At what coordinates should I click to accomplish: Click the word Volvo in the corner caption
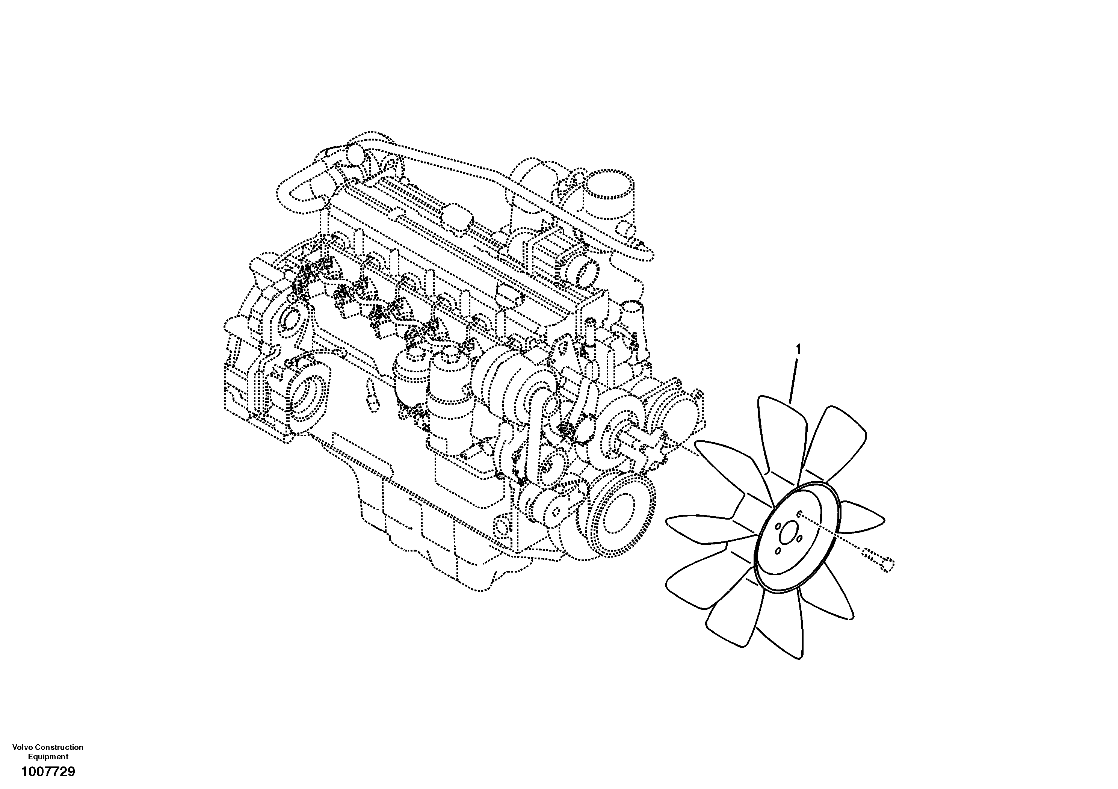pos(23,747)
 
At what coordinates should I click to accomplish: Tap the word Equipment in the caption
pos(48,756)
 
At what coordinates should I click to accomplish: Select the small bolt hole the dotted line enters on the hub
pos(801,513)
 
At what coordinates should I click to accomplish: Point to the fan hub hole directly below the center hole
pos(778,550)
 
